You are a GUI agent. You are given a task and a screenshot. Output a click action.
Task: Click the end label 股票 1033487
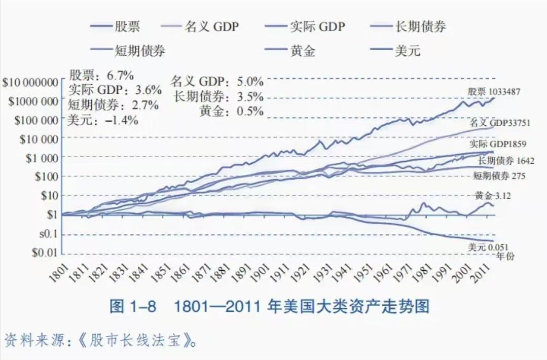pos(493,92)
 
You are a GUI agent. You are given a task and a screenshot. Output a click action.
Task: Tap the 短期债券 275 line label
pos(499,176)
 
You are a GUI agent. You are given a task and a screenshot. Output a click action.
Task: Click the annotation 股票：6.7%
pos(101,76)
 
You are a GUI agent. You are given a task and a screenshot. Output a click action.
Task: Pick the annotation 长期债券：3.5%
pos(218,96)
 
